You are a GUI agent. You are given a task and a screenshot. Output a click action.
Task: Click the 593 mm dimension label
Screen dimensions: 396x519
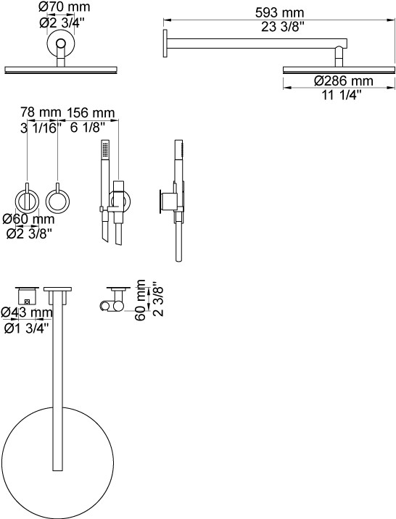(x=279, y=13)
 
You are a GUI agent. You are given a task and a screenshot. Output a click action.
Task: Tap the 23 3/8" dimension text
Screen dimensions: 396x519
(x=282, y=27)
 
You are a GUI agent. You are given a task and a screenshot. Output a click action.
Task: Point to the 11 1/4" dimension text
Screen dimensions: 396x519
(x=342, y=96)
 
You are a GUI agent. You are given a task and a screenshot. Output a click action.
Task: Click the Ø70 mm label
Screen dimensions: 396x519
(x=65, y=7)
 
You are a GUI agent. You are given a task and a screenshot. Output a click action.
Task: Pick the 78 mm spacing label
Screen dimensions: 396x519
(x=41, y=112)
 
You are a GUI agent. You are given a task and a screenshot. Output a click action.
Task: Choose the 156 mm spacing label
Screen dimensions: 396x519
(x=91, y=113)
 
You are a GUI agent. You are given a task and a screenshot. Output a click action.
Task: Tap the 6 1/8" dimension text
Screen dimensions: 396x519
(x=88, y=127)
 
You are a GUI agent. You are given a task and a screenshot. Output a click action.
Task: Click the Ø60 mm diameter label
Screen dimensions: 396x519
(x=28, y=219)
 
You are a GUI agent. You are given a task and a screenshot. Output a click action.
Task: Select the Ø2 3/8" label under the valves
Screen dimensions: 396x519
(x=30, y=233)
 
